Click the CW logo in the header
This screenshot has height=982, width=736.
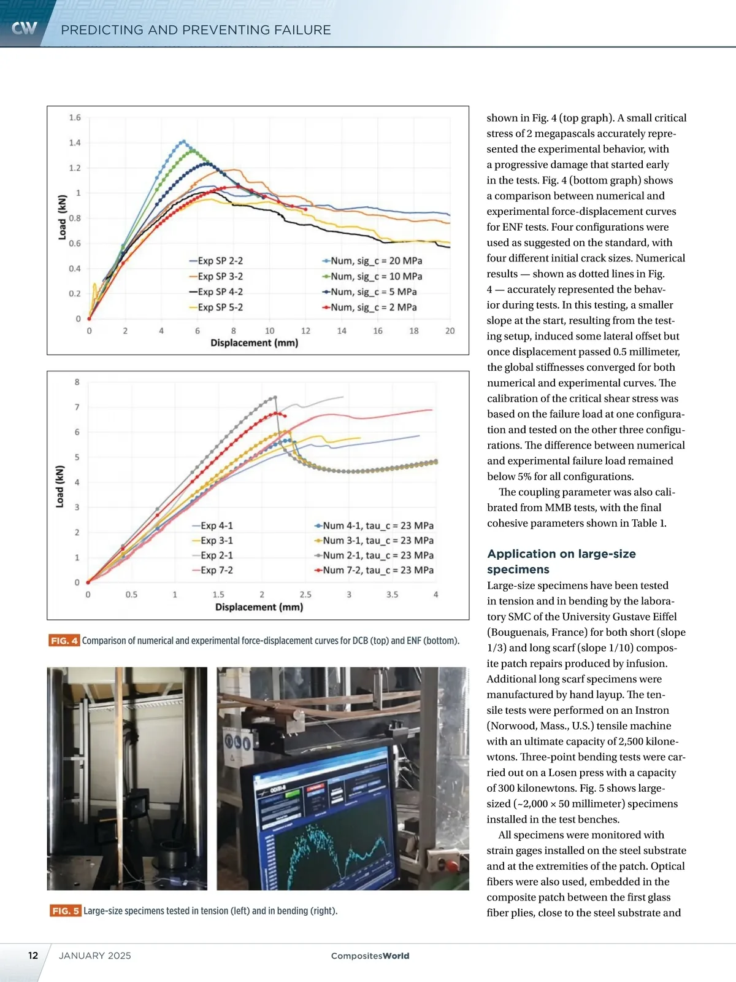pos(25,28)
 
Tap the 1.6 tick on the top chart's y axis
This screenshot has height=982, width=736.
pos(74,117)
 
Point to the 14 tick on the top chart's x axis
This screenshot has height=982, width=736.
pos(342,331)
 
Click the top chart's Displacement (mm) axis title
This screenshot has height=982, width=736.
pos(254,342)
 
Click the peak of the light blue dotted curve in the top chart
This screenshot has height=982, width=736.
pos(183,141)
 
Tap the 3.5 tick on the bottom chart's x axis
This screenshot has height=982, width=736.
pos(392,595)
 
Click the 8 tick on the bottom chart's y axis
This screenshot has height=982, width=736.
pos(77,382)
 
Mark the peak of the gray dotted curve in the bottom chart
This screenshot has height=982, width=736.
pos(275,396)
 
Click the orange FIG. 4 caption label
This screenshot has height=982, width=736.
pos(64,641)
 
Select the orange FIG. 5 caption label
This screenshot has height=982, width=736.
pos(65,911)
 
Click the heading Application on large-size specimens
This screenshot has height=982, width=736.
pos(561,561)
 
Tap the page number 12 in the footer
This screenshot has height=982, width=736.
pos(33,956)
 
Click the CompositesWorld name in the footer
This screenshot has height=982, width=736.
pos(370,956)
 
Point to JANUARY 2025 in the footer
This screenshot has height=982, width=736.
pos(94,956)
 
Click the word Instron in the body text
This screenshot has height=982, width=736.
pos(651,710)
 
